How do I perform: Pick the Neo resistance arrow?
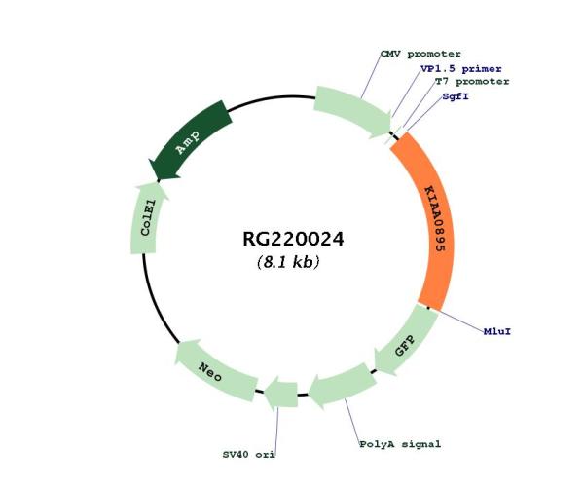pyautogui.click(x=214, y=367)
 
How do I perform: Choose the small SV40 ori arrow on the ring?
pyautogui.click(x=281, y=394)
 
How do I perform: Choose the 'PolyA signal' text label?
pyautogui.click(x=401, y=444)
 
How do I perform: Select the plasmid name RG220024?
pyautogui.click(x=293, y=238)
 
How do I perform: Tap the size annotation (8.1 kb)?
pyautogui.click(x=288, y=262)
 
